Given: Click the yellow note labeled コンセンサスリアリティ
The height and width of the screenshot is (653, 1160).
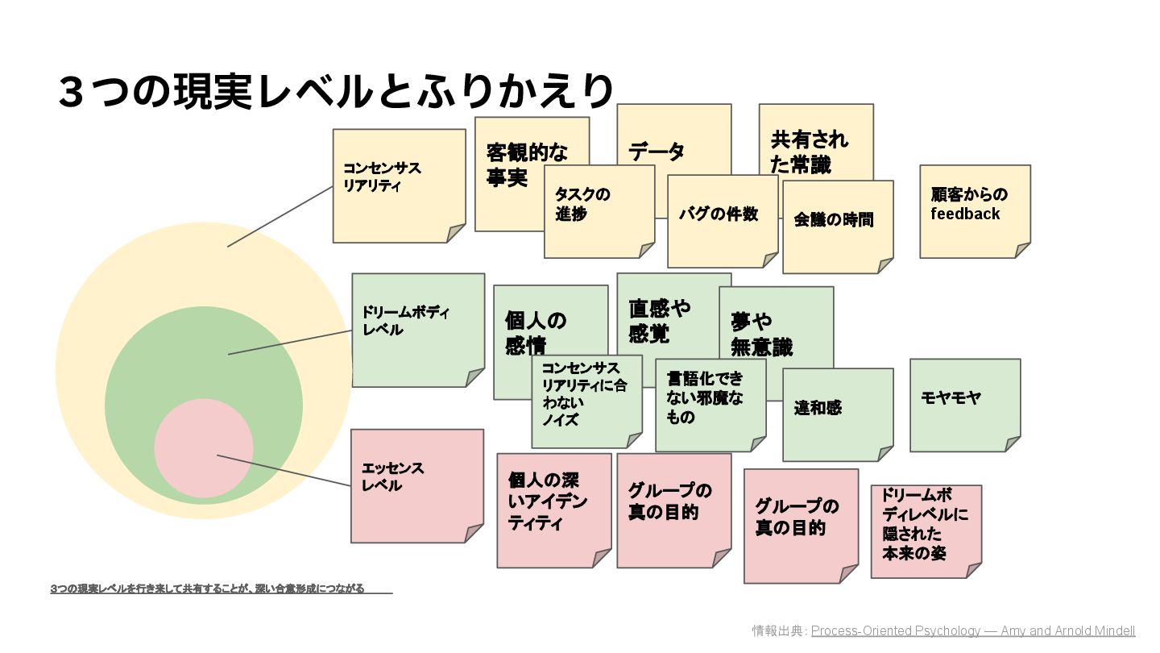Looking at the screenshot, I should tap(399, 185).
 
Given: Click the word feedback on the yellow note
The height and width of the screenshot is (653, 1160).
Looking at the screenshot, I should tap(965, 214).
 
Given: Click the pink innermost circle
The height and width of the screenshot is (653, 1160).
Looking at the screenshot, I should tap(203, 447).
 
